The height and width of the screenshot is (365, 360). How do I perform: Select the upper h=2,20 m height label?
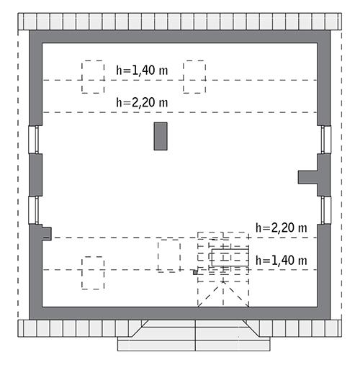point(142,103)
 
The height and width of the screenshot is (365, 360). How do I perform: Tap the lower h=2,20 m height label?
point(282,227)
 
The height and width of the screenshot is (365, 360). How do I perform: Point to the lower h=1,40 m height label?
point(282,260)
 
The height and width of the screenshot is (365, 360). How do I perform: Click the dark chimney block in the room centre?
point(161,136)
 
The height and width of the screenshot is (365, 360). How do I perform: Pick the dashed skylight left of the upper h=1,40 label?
point(92,76)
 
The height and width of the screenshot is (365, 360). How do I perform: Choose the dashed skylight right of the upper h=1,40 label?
point(194,76)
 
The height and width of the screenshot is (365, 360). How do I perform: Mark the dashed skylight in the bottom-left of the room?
point(92,273)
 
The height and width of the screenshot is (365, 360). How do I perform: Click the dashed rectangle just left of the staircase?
point(169,256)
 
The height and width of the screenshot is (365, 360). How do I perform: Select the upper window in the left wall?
point(32,139)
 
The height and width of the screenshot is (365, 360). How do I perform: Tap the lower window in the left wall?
point(32,209)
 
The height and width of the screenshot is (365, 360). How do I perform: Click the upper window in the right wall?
point(325,139)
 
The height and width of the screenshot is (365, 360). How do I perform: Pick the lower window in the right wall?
point(325,209)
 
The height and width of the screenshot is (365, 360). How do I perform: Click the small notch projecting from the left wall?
point(47,233)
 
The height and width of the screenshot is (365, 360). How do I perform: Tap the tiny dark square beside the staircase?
point(194,273)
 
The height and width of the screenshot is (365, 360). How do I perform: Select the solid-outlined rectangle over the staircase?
point(230,256)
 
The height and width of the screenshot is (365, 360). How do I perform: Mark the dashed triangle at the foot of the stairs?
point(223,297)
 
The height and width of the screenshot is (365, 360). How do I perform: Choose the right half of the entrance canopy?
point(235,335)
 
